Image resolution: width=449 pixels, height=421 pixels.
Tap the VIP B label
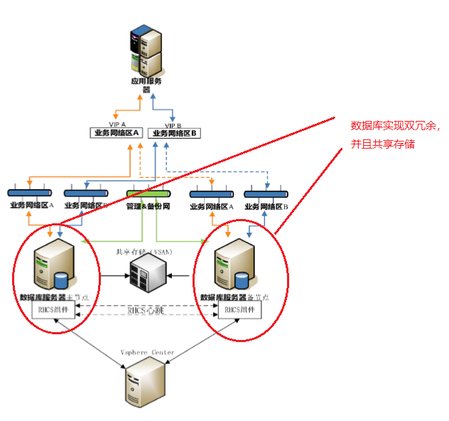[x=174, y=124]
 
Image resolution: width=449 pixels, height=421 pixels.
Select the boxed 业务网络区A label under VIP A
[x=117, y=133]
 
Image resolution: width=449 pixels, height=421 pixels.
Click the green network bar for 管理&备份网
[x=148, y=193]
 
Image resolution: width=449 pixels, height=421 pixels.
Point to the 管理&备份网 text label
[x=148, y=206]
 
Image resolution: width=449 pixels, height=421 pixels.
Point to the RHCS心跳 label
[x=146, y=311]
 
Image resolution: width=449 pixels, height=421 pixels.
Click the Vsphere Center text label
[x=146, y=351]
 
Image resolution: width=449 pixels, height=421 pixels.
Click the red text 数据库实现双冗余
[x=396, y=126]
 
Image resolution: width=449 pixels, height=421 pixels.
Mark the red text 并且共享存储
[x=383, y=144]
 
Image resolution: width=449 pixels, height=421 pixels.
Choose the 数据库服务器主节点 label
[x=56, y=297]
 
